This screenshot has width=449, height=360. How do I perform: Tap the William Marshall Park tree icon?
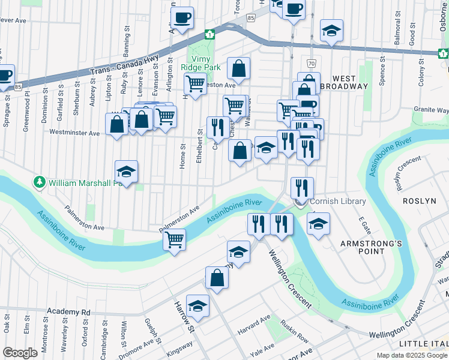40,182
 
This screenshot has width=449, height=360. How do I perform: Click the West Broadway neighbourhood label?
349,82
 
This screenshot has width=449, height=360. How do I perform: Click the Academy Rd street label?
70,312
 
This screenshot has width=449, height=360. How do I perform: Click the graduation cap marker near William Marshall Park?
126,172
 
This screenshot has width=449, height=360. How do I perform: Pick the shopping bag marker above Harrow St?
217,277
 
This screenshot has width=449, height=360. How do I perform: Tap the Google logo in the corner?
20,353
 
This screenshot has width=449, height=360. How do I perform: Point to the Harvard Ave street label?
251,332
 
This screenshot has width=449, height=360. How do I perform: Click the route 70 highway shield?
310,63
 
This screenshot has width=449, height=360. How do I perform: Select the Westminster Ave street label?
74,132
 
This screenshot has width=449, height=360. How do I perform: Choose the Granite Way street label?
431,110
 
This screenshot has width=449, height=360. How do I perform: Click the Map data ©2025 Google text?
411,355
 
